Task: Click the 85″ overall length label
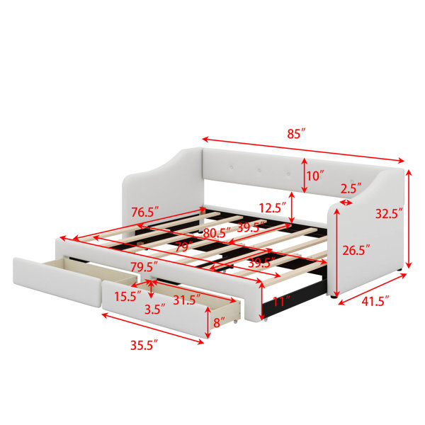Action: click(x=296, y=134)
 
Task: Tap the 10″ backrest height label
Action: click(x=315, y=176)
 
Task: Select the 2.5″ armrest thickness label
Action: click(x=351, y=188)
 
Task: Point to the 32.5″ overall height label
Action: click(x=389, y=214)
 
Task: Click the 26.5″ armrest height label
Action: click(x=356, y=250)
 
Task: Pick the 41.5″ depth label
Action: click(x=375, y=301)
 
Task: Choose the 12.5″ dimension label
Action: click(x=273, y=208)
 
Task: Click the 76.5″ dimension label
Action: click(x=144, y=212)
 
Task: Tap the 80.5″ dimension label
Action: click(x=217, y=233)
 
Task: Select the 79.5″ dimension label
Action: click(x=144, y=267)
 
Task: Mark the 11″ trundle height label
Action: click(x=282, y=302)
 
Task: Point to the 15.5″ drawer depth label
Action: click(x=127, y=296)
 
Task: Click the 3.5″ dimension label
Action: click(x=154, y=310)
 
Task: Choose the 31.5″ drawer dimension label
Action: click(x=187, y=300)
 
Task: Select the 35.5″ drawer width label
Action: click(x=144, y=346)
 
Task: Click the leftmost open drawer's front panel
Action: click(x=57, y=282)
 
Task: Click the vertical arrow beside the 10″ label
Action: click(x=305, y=176)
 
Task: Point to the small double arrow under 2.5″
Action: click(x=346, y=202)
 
